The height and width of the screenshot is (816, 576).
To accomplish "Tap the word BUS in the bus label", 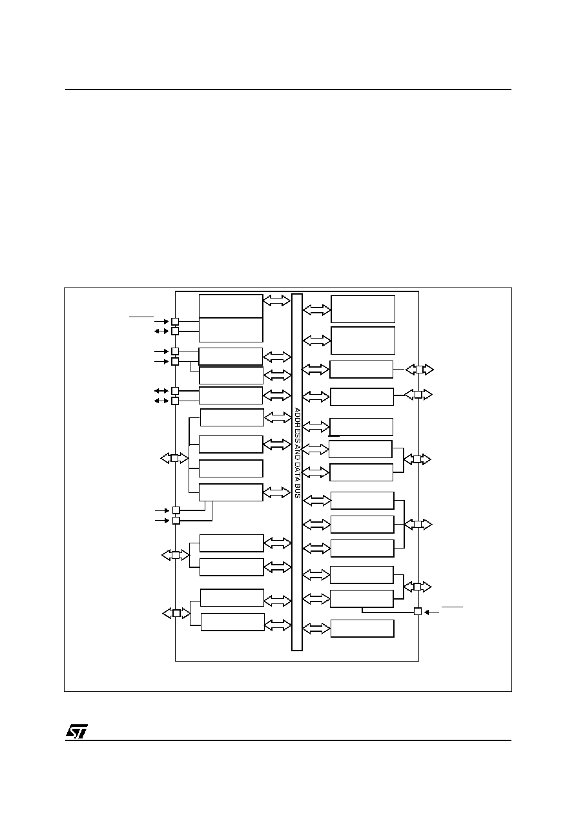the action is [x=297, y=492].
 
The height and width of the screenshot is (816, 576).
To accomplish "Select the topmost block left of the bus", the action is [x=231, y=306].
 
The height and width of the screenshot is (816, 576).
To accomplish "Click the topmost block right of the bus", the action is [x=363, y=309].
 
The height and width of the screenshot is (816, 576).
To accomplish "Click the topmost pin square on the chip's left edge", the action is [x=175, y=321].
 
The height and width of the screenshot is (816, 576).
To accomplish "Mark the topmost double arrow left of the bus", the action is [x=277, y=300].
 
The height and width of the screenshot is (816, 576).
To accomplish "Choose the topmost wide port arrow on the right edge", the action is [x=420, y=370].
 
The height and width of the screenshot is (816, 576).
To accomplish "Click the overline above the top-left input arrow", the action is [x=141, y=317].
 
